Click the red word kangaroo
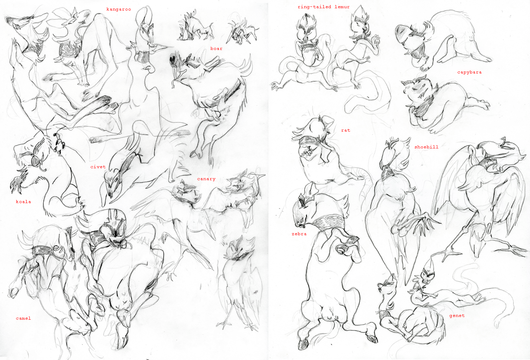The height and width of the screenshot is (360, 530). point(119,10)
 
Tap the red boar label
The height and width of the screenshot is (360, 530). point(216,49)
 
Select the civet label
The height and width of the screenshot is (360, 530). point(98,167)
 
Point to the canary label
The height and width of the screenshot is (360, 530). point(206,179)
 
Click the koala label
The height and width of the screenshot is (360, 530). point(23,202)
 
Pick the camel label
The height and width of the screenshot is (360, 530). point(23,318)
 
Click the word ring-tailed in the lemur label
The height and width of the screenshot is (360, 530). point(314,7)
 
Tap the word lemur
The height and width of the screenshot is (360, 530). point(342,7)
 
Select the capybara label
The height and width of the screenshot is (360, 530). point(469,72)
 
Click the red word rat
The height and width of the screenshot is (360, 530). point(345,130)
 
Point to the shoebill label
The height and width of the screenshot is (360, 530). point(426,147)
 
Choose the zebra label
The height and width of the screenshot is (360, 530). point(299,234)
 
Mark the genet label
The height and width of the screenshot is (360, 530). point(457,316)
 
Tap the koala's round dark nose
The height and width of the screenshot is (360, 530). point(36,161)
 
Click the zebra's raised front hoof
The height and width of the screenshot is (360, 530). point(353,240)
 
